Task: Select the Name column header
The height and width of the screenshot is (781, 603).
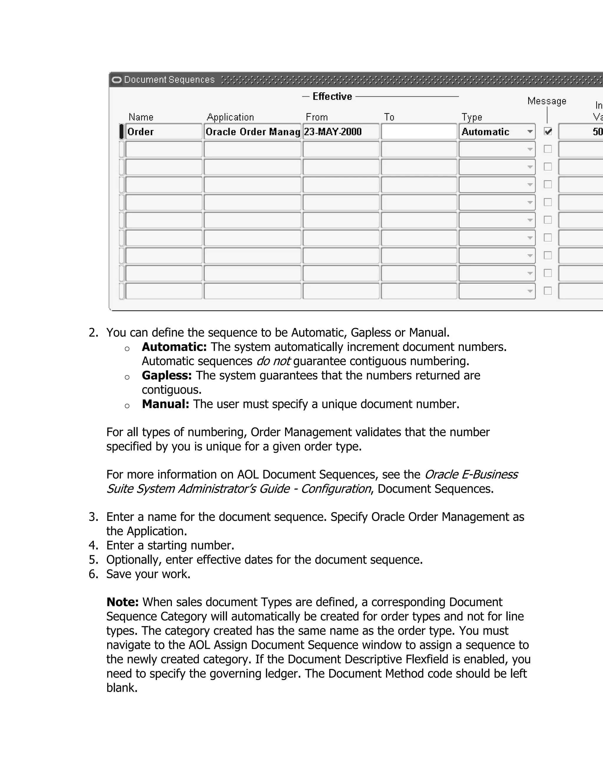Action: (141, 117)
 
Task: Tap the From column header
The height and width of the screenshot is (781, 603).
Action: (317, 117)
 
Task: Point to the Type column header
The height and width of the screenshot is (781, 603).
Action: (472, 117)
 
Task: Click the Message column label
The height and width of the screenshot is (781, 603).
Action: (546, 101)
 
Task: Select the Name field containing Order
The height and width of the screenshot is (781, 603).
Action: (164, 132)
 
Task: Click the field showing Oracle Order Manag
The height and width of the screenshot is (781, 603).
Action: (252, 132)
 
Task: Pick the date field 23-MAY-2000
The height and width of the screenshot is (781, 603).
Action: (340, 132)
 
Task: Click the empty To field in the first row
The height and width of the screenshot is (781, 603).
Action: (419, 132)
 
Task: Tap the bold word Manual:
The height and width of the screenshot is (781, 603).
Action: (165, 404)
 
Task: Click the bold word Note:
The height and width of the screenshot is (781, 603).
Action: (122, 602)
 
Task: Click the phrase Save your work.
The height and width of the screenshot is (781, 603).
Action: (148, 574)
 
